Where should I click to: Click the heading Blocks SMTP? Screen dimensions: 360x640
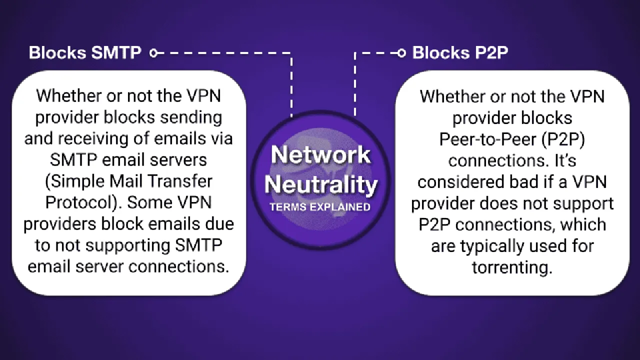pyautogui.click(x=85, y=53)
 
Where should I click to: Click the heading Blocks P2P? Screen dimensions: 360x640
pyautogui.click(x=460, y=53)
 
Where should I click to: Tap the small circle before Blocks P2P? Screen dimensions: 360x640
pyautogui.click(x=401, y=52)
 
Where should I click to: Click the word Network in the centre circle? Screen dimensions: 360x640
pyautogui.click(x=320, y=155)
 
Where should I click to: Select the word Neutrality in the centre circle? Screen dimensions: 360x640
pyautogui.click(x=320, y=185)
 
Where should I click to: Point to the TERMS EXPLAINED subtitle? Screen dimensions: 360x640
pyautogui.click(x=320, y=207)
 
